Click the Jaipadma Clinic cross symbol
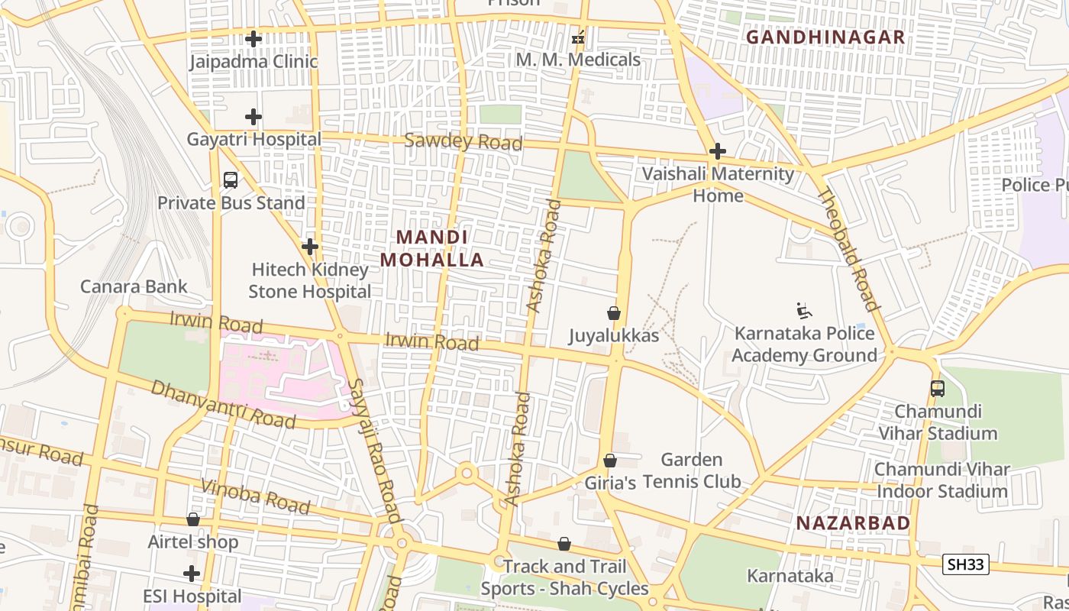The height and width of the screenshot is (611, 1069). point(254,38)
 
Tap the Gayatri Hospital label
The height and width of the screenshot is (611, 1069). point(254,140)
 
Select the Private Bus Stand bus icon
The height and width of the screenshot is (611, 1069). point(231,180)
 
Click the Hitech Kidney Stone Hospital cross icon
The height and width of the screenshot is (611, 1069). point(309,247)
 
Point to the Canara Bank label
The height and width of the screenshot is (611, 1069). point(134,286)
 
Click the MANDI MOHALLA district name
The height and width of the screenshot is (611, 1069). point(432,248)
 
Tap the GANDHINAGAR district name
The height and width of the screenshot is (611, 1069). point(825,37)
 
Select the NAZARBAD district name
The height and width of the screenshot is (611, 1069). point(853,523)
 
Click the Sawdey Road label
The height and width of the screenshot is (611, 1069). point(463,141)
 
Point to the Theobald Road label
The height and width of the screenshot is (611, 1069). point(848,249)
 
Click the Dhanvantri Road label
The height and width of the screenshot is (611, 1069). point(223,404)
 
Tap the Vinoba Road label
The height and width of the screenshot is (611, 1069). point(256,496)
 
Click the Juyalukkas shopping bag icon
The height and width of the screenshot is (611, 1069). point(613,313)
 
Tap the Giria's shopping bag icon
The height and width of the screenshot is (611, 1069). point(609,461)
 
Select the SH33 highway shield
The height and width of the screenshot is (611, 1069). point(966,564)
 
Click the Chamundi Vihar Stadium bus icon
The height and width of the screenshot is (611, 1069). point(938,388)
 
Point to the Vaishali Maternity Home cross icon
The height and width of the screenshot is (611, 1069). point(717,151)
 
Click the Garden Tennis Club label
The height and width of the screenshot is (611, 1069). point(692,470)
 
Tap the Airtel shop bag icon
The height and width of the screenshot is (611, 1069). point(193,519)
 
